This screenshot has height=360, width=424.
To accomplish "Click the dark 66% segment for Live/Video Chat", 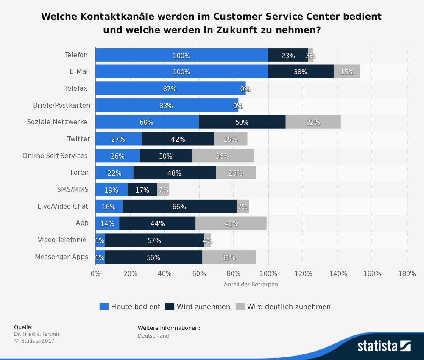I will (x=179, y=207).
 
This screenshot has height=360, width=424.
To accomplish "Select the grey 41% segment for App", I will (x=231, y=223).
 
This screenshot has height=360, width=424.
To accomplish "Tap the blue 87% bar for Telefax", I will (x=170, y=89).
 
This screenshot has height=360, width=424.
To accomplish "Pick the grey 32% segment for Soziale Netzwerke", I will (x=313, y=122).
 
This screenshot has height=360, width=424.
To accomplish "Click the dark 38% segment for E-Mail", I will (x=301, y=72).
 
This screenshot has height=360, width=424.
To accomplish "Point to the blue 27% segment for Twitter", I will (x=118, y=139).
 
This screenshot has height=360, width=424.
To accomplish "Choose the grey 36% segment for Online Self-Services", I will (x=223, y=156).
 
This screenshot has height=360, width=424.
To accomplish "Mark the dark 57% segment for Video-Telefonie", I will (x=154, y=240).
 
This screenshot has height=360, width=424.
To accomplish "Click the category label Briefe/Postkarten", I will (x=61, y=105).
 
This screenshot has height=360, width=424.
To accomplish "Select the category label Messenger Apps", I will (x=61, y=257).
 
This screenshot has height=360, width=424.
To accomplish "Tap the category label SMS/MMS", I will (x=73, y=189).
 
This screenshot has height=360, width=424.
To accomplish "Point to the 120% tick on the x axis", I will (x=303, y=273).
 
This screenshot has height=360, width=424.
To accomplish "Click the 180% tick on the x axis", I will (x=407, y=273).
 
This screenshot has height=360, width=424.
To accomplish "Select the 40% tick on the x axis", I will (x=165, y=273).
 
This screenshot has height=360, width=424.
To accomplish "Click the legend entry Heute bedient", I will (x=130, y=307).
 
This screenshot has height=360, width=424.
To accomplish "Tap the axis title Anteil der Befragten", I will (x=251, y=284).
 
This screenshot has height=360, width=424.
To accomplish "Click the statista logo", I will (x=384, y=346).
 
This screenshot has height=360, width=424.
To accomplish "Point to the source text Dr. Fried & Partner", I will (x=37, y=334).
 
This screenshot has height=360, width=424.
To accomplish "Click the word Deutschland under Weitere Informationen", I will (x=153, y=335).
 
